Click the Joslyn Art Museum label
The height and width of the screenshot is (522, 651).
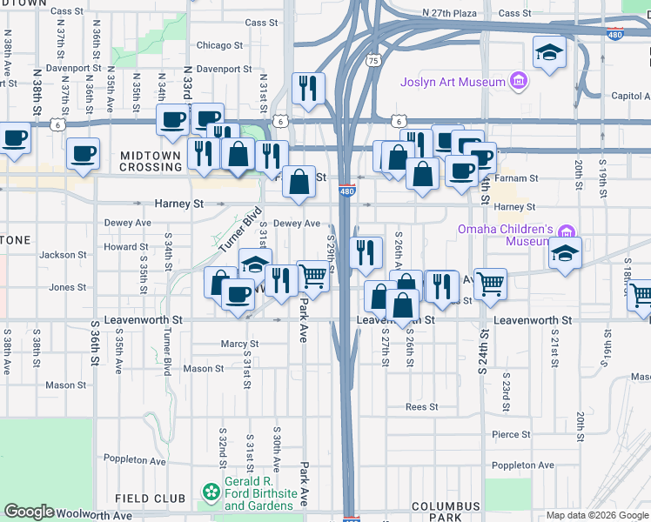[x=453, y=83]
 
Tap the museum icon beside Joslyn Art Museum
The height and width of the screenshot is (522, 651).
[x=519, y=82]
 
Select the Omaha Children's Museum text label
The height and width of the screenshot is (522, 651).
[x=506, y=235]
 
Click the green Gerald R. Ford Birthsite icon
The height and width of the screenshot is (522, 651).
[x=211, y=493]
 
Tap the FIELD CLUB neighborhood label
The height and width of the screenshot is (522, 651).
[x=151, y=499]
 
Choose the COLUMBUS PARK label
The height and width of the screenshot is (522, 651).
[x=446, y=512]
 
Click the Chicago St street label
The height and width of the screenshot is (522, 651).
[x=213, y=45]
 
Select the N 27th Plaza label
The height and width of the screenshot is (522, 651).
[x=449, y=13]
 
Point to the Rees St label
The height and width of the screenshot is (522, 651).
[x=420, y=406]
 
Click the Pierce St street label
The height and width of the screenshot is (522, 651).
[x=511, y=434]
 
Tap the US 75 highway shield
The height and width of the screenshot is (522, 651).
[x=372, y=61]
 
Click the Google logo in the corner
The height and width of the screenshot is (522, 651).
[x=29, y=512]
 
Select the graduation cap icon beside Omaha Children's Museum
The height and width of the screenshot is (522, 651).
[x=565, y=253]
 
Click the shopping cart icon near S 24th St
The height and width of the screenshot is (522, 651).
[x=490, y=282]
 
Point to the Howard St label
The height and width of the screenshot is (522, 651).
[x=120, y=247]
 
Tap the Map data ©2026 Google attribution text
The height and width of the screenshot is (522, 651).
[x=596, y=515]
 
